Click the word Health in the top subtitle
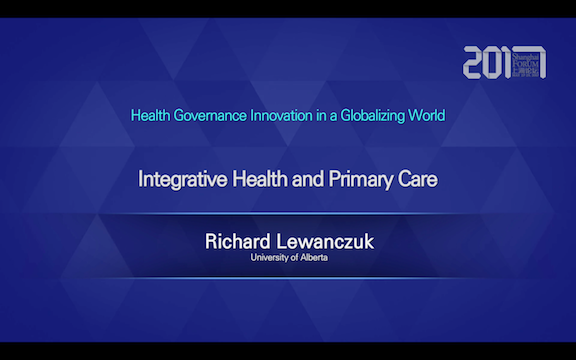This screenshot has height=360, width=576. [151, 115]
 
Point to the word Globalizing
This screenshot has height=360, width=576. [378, 115]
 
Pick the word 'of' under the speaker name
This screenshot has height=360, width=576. [293, 258]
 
